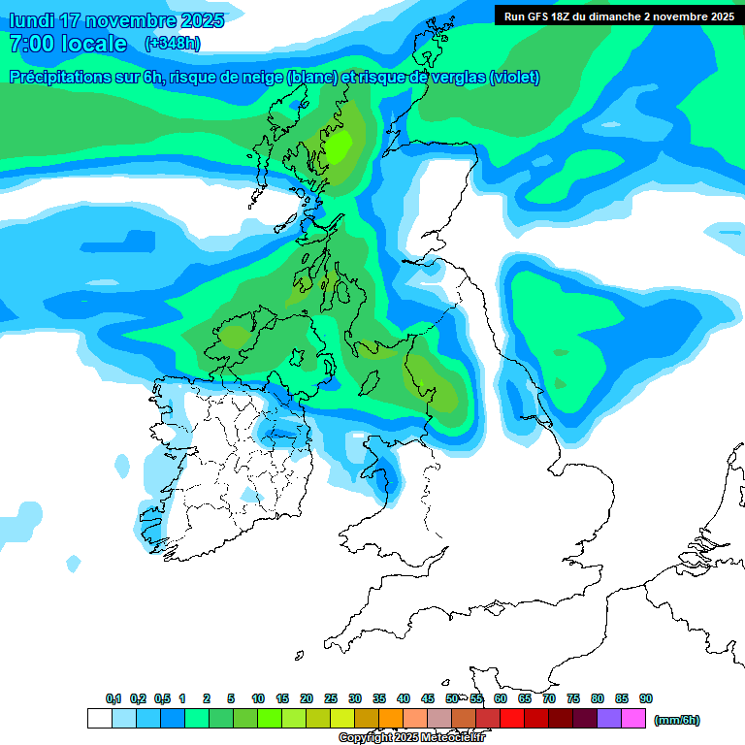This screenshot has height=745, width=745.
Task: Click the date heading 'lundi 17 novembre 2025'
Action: (x=115, y=20)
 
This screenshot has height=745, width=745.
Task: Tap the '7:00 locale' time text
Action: (x=68, y=43)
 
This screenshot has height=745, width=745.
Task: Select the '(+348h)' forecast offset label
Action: (x=172, y=43)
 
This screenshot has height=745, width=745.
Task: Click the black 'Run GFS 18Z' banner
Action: (x=618, y=16)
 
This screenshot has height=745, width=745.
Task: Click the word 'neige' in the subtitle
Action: (x=262, y=78)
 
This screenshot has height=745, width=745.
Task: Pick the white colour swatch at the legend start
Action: (x=99, y=719)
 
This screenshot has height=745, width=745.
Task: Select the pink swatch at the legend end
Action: (x=633, y=719)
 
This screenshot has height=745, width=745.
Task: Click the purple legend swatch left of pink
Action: (x=609, y=719)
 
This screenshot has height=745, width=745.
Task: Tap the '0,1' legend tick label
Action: (x=113, y=698)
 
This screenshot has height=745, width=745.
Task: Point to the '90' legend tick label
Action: (x=646, y=698)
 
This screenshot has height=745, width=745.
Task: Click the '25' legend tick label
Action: (x=331, y=698)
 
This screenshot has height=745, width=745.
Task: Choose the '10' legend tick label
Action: (x=258, y=698)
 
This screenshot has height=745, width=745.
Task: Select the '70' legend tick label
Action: (x=549, y=698)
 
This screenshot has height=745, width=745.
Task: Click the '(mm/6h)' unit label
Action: (x=677, y=720)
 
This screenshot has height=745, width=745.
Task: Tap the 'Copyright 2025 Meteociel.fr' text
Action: (x=411, y=737)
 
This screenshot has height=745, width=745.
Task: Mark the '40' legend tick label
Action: (x=404, y=698)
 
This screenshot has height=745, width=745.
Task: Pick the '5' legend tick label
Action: (x=231, y=698)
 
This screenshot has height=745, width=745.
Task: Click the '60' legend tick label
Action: (x=501, y=698)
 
